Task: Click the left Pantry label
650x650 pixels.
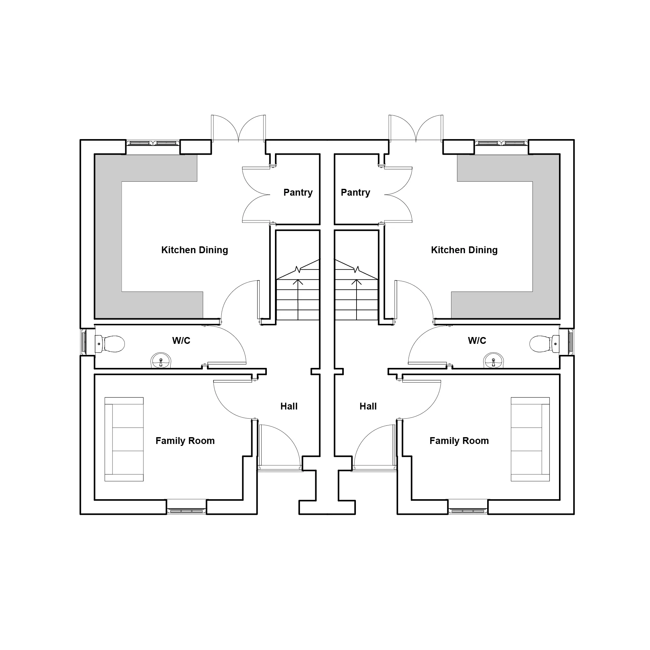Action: click(x=298, y=193)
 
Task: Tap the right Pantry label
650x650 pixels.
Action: click(x=355, y=193)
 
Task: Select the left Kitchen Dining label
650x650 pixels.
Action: click(x=194, y=250)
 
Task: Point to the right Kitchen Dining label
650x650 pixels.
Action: click(x=464, y=250)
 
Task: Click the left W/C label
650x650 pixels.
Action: click(x=181, y=341)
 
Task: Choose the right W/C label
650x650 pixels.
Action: click(x=477, y=341)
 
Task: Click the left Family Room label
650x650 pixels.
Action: click(x=185, y=441)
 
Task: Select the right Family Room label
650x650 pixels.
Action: click(x=459, y=441)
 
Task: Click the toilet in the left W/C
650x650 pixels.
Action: click(x=110, y=344)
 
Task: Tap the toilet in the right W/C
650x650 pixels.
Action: click(x=544, y=344)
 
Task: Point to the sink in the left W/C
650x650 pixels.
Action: click(x=161, y=360)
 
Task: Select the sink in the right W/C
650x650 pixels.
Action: click(x=494, y=360)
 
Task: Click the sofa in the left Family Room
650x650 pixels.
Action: click(x=124, y=439)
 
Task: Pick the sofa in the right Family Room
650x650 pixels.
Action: click(x=530, y=439)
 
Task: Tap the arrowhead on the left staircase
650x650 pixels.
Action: click(x=298, y=281)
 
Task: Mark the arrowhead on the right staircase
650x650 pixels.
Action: click(x=356, y=281)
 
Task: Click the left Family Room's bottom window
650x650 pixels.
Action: click(x=186, y=511)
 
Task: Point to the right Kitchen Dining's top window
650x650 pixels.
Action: click(x=501, y=143)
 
